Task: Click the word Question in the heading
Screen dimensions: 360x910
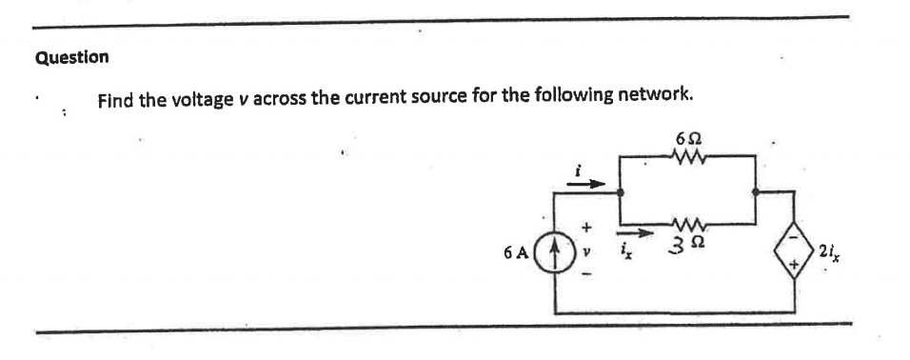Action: (x=71, y=56)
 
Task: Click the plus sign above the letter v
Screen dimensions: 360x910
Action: (x=587, y=230)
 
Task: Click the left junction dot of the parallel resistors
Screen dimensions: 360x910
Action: (x=620, y=191)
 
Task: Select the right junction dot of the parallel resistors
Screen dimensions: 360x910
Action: (x=756, y=191)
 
